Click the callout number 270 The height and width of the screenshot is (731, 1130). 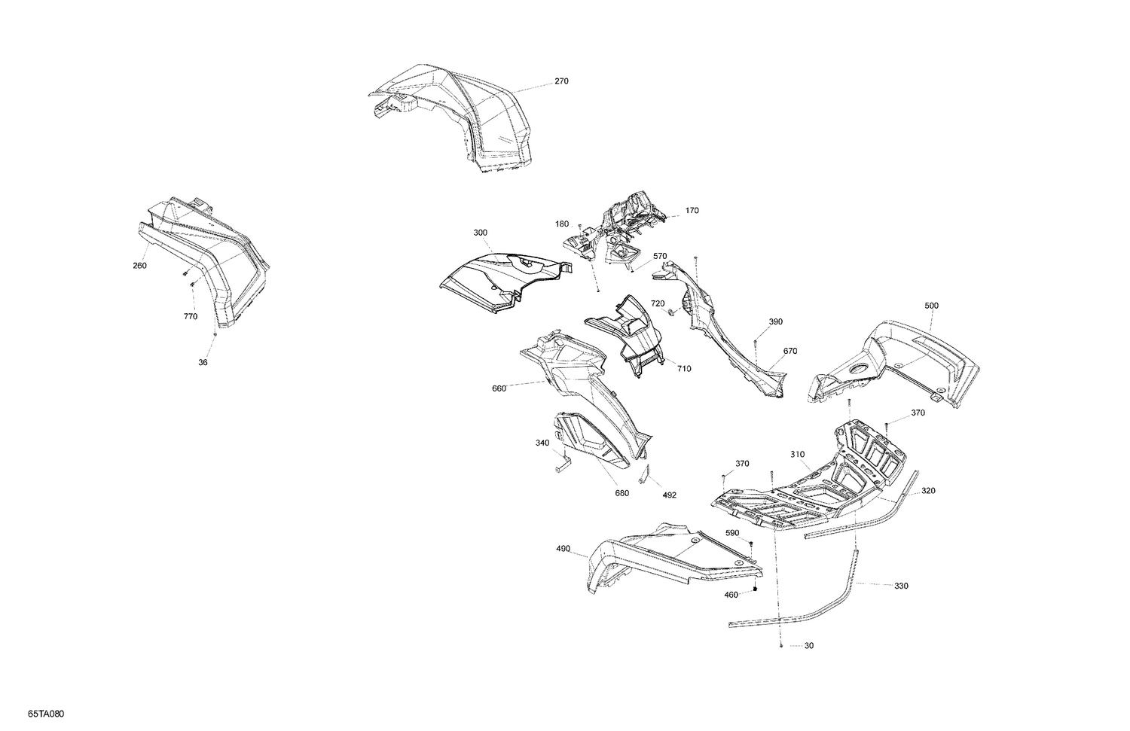point(561,81)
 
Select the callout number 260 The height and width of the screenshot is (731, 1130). point(139,266)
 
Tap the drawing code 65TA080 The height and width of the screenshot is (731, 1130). point(46,714)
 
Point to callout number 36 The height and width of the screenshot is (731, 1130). point(203,362)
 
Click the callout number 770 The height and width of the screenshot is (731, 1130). point(191,317)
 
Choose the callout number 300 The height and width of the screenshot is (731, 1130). point(481,233)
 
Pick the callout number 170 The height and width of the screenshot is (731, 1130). point(692,210)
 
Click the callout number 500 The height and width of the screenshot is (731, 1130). point(932,306)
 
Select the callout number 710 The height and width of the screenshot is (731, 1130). point(684,369)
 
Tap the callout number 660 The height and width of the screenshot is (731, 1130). point(499,388)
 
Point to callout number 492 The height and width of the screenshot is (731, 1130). point(669,495)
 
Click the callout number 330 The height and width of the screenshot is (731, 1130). point(901,586)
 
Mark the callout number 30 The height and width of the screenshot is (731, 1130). point(808,645)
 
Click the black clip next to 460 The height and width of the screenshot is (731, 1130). point(755,589)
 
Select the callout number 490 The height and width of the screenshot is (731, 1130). point(563,549)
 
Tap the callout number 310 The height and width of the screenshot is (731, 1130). point(798,454)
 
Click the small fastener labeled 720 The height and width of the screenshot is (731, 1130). point(672,313)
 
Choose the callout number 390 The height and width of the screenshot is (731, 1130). point(776,321)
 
